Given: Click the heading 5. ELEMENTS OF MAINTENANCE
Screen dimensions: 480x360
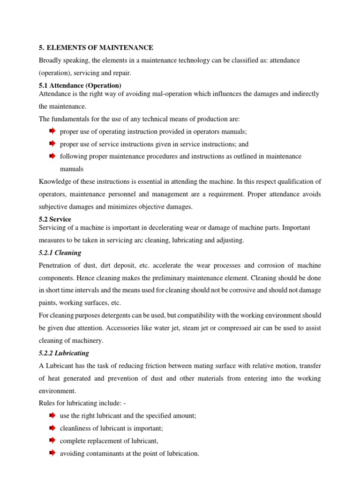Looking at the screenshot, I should click(x=96, y=48).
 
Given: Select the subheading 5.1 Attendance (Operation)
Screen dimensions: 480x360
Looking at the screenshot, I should click(x=80, y=85).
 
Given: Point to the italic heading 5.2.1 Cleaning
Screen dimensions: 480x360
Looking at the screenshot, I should click(x=60, y=253).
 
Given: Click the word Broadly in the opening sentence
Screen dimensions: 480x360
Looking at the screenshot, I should click(x=50, y=60).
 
